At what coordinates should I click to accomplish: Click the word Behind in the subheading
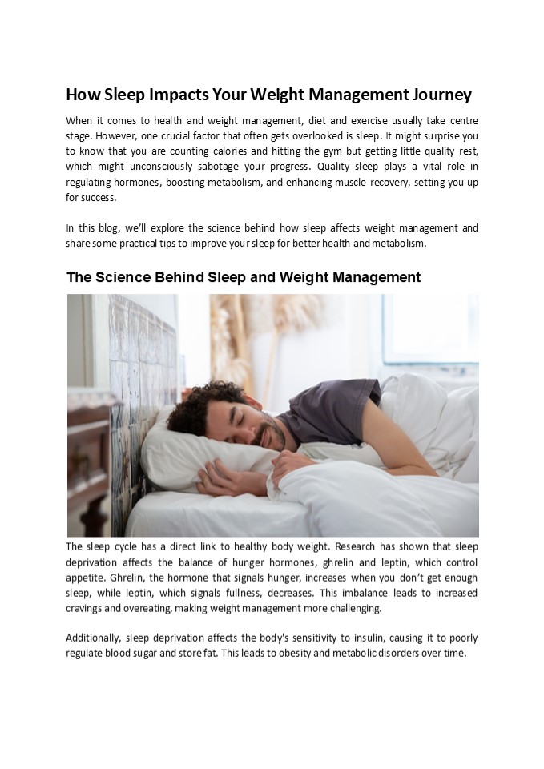[x=168, y=278]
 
